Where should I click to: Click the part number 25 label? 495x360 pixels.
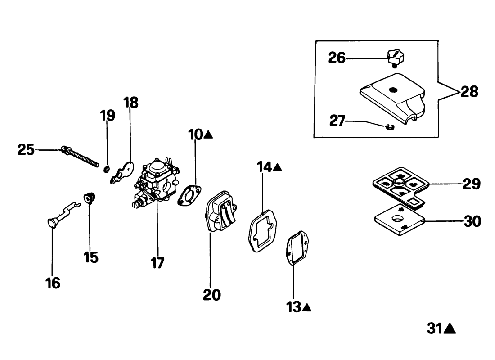[26, 149]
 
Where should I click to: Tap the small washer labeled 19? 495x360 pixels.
[107, 169]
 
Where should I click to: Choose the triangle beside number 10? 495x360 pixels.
[208, 134]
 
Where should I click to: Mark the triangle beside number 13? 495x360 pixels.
[307, 308]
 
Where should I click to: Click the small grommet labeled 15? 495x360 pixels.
[90, 197]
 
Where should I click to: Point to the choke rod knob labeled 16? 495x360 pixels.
[53, 223]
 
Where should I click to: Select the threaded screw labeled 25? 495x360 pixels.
[81, 157]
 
